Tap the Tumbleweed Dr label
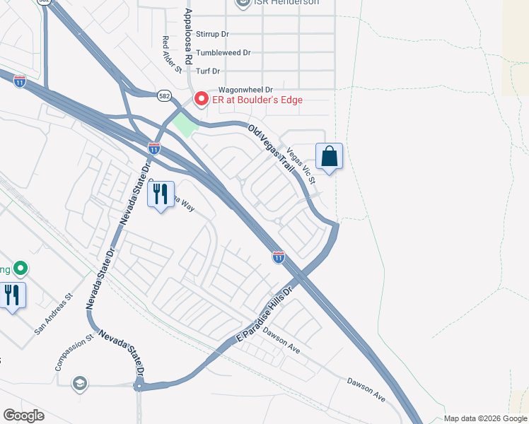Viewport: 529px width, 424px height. [223, 52]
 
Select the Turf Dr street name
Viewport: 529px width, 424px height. [209, 71]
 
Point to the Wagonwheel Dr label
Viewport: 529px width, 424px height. [245, 90]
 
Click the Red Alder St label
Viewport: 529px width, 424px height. [172, 55]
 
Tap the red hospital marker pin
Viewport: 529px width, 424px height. [201, 99]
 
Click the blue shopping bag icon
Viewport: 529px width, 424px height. [330, 156]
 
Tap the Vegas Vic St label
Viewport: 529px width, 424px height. [301, 165]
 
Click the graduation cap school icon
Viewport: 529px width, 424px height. [80, 383]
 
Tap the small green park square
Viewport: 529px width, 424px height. [184, 125]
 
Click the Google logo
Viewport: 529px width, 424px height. [23, 416]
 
